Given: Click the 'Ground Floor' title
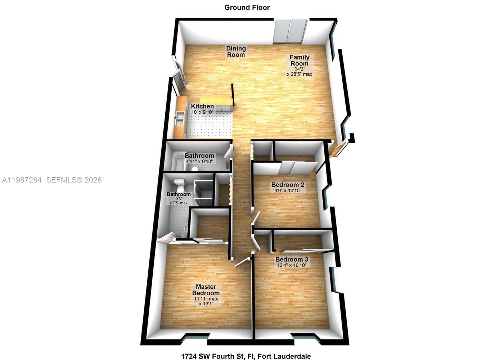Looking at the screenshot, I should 247,8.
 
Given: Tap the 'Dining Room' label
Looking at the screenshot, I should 236,51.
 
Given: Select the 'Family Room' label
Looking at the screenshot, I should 300,60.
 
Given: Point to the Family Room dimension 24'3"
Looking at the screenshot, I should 300,69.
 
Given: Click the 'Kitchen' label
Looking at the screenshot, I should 202,106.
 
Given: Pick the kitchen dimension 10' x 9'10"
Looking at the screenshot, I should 202,112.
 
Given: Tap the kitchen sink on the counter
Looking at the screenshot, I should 179,117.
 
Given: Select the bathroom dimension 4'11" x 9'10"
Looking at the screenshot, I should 199,162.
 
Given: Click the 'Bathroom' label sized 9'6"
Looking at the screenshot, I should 179,194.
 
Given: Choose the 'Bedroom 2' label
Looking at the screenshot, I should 288,185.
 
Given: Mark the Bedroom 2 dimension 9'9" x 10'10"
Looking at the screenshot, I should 288,190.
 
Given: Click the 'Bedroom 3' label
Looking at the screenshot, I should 292,260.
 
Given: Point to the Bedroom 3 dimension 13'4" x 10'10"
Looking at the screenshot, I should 292,265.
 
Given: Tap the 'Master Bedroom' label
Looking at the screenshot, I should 206,290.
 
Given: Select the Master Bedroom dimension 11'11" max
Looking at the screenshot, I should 206,299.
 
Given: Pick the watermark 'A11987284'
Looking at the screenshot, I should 22,180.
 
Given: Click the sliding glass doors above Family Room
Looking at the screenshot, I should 290,32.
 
